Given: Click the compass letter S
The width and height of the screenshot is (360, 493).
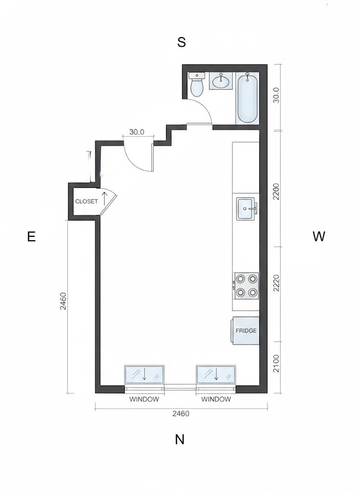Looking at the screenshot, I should pyautogui.click(x=181, y=42).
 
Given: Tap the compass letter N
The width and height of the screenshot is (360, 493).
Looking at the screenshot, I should pyautogui.click(x=179, y=439).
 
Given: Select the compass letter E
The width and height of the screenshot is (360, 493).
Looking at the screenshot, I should pyautogui.click(x=31, y=236).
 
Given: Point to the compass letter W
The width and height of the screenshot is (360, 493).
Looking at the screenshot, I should pyautogui.click(x=319, y=236).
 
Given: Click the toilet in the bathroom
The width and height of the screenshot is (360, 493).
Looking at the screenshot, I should pyautogui.click(x=197, y=85).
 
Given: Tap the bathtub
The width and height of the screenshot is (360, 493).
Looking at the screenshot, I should pyautogui.click(x=247, y=97).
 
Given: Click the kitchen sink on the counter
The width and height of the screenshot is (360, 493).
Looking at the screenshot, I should pyautogui.click(x=246, y=209).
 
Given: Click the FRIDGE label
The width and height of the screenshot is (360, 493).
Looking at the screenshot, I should pyautogui.click(x=246, y=331).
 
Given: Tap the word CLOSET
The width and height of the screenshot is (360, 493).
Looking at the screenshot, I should pyautogui.click(x=86, y=202).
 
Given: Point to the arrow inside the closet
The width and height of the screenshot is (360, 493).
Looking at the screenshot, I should pyautogui.click(x=104, y=199).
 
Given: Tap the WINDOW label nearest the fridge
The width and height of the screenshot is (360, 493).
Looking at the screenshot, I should pyautogui.click(x=216, y=399).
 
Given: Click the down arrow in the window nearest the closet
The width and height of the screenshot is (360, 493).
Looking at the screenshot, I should pyautogui.click(x=145, y=375).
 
